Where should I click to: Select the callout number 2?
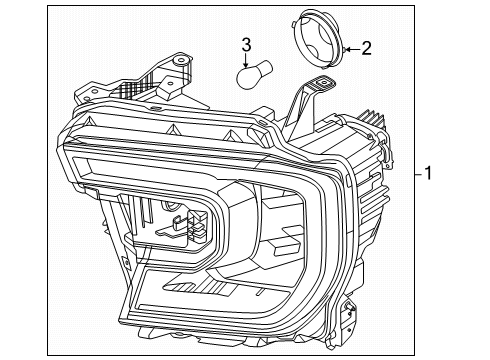pos(367,47)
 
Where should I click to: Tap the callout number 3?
pos(245,44)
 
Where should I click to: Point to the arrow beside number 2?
pos(349,47)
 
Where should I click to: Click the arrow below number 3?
pos(245,59)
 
